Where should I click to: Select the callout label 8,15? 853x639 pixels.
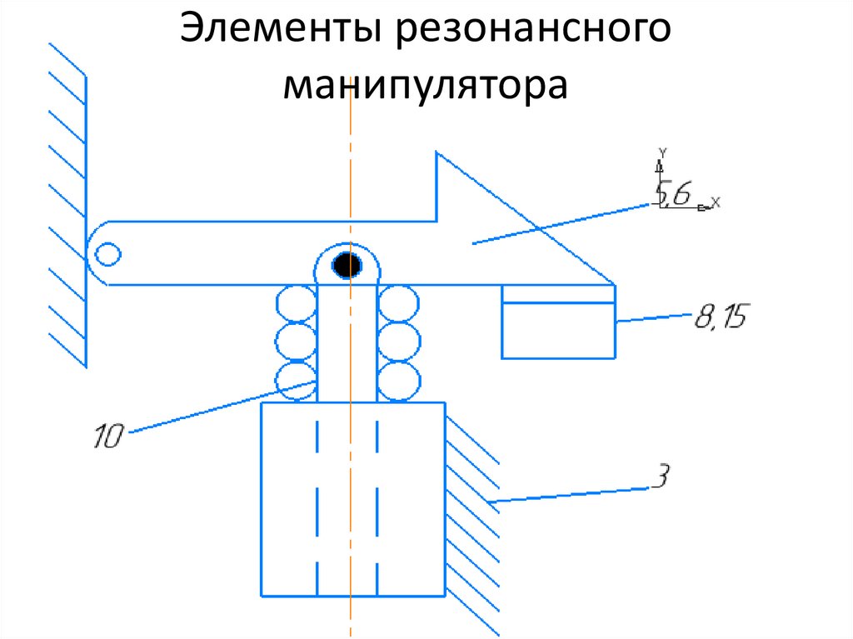pos(721,317)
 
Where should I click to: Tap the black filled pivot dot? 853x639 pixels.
pos(347,266)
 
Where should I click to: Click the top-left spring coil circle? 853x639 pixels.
pos(296,303)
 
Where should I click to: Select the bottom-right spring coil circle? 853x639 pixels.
pos(398,380)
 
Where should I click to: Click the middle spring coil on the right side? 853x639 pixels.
pos(398,342)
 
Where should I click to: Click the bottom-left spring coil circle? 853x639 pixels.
pos(296,380)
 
